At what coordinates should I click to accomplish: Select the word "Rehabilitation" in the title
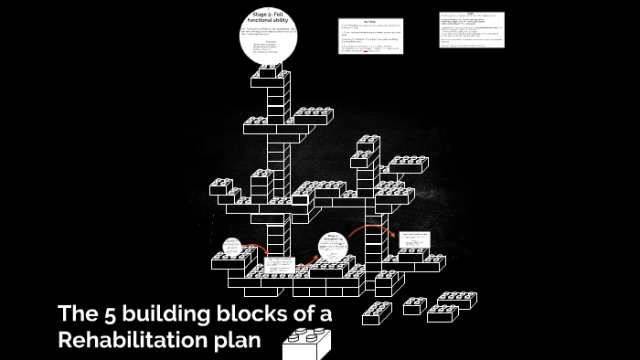click(x=132, y=341)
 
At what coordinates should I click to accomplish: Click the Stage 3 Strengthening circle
click(x=333, y=247)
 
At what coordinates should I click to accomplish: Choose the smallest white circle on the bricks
click(x=232, y=247)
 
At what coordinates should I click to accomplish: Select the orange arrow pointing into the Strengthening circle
click(x=309, y=260)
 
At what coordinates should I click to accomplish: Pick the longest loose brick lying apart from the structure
click(x=454, y=300)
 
